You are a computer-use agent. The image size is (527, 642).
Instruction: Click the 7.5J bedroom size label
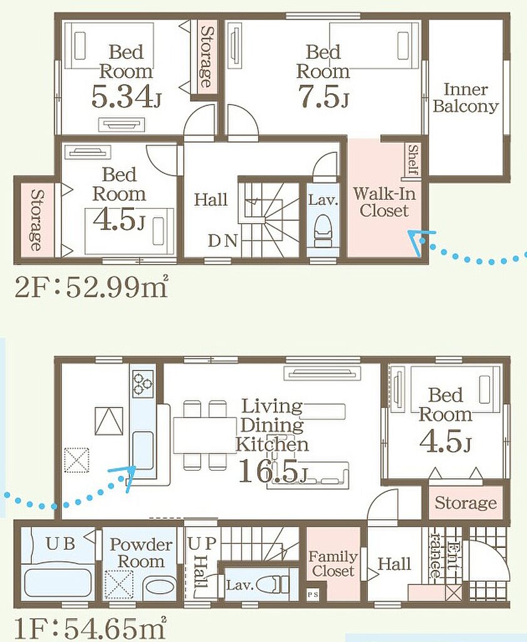coord(323,97)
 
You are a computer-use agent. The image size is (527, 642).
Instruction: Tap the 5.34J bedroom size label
coord(125,97)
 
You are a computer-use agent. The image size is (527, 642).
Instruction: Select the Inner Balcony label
coord(466,98)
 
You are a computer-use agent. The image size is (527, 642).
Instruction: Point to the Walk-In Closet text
coord(384,203)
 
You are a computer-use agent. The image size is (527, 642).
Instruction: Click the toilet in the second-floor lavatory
coord(323,231)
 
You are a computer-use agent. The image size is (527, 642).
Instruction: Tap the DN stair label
coord(222,241)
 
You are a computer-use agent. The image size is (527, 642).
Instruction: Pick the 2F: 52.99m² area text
coord(91,288)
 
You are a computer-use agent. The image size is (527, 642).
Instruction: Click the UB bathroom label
coord(60,544)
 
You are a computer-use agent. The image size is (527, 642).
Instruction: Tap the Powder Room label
coord(141,553)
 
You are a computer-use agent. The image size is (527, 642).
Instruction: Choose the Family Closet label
coord(333,564)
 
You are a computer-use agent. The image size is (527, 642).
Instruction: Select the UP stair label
coord(202,544)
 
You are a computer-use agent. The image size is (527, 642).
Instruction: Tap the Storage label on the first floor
coord(466,502)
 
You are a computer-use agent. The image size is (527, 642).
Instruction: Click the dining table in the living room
coord(205,435)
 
